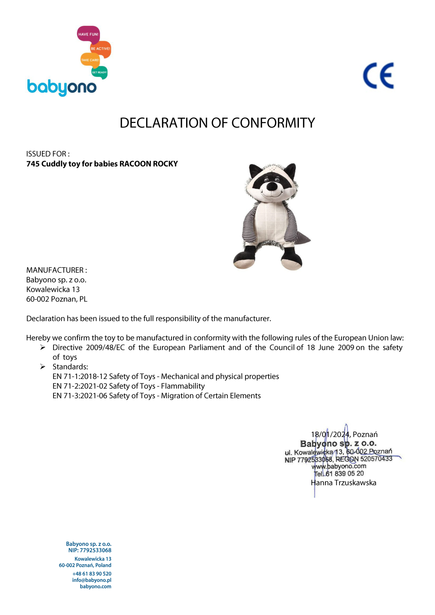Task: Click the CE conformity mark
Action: [x=378, y=76]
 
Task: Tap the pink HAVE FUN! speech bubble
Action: [x=88, y=34]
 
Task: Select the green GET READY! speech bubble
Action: [x=99, y=72]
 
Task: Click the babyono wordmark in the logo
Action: [x=62, y=87]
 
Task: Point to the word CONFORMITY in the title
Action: [x=273, y=123]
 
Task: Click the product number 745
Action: [x=33, y=164]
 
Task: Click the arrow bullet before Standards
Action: [x=43, y=367]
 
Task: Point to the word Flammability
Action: [x=183, y=386]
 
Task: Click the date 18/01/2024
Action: [x=330, y=434]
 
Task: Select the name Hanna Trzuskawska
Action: [x=343, y=483]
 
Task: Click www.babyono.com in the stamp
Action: [x=339, y=466]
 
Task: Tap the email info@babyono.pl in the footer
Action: [x=92, y=580]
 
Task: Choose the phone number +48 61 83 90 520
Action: [x=92, y=573]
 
